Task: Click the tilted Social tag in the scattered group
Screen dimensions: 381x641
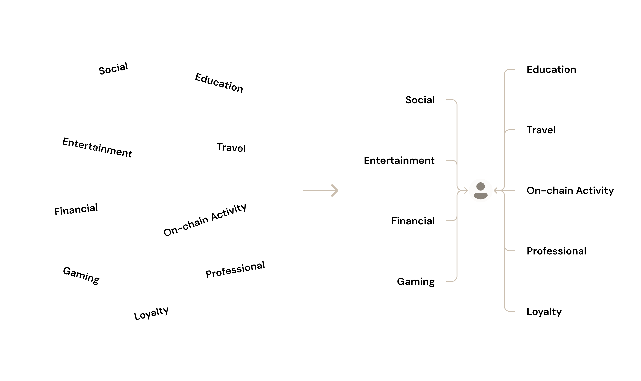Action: point(113,68)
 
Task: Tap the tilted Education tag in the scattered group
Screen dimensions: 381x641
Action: point(219,83)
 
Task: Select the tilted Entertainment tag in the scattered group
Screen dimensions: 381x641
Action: point(97,147)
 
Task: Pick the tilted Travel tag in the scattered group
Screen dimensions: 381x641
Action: point(231,147)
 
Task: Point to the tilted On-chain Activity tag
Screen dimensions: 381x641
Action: point(205,219)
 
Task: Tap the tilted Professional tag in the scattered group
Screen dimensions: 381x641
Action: point(235,269)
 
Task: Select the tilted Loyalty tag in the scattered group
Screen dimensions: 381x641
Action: point(151,313)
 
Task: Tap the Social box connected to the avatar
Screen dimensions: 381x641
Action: point(420,100)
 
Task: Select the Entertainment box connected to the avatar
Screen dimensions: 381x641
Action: point(399,160)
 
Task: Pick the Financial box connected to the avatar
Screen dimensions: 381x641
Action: point(413,221)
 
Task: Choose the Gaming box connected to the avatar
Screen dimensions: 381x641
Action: point(415,281)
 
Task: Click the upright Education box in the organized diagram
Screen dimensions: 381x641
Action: point(551,69)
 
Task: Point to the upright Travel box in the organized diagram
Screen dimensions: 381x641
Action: point(541,130)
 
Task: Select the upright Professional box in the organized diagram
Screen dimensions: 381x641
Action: point(556,251)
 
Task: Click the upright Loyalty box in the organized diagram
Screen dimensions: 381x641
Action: point(544,311)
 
